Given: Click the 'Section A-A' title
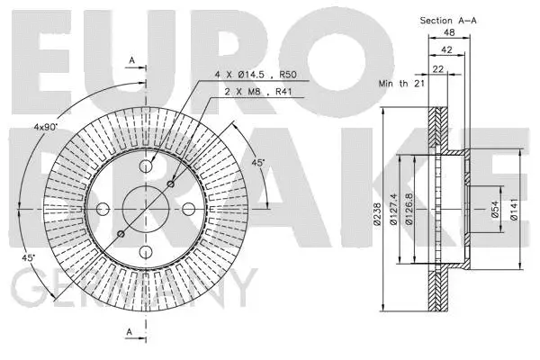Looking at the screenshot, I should click(447, 20).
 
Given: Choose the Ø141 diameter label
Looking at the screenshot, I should click(513, 209).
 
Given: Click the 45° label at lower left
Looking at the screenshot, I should click(28, 258).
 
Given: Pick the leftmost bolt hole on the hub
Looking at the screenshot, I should click(103, 209).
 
